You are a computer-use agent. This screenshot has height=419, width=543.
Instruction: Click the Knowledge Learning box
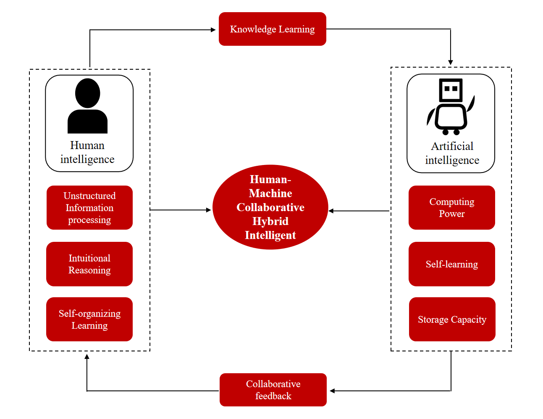[272, 29]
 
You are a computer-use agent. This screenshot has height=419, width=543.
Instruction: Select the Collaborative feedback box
[273, 390]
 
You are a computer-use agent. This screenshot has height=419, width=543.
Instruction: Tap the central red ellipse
[270, 207]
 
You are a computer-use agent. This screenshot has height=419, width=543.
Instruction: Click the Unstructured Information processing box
[89, 207]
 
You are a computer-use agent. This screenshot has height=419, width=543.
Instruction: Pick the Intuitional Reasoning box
[89, 264]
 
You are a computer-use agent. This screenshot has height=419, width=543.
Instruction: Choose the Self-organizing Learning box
[89, 319]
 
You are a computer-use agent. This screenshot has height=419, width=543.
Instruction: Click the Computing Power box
[451, 207]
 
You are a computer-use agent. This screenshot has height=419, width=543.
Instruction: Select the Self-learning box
[451, 264]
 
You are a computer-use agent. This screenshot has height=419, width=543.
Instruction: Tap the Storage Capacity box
[452, 319]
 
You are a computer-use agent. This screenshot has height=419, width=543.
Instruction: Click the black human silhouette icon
[87, 107]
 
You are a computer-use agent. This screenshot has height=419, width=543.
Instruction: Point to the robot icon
[451, 107]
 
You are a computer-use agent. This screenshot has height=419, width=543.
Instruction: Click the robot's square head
[451, 89]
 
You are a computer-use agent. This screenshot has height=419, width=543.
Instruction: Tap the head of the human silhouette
[87, 93]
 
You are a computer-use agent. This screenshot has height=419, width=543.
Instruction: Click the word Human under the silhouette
[87, 145]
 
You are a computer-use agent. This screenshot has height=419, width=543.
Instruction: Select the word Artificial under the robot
[452, 146]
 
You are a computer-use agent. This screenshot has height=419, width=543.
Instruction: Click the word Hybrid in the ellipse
[270, 221]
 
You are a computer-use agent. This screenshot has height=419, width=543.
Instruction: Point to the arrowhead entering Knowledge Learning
[213, 30]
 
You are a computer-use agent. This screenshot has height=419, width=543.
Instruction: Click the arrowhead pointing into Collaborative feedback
[332, 391]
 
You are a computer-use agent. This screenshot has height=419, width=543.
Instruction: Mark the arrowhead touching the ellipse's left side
[209, 210]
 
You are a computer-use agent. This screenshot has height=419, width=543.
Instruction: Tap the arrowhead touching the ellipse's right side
[331, 211]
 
